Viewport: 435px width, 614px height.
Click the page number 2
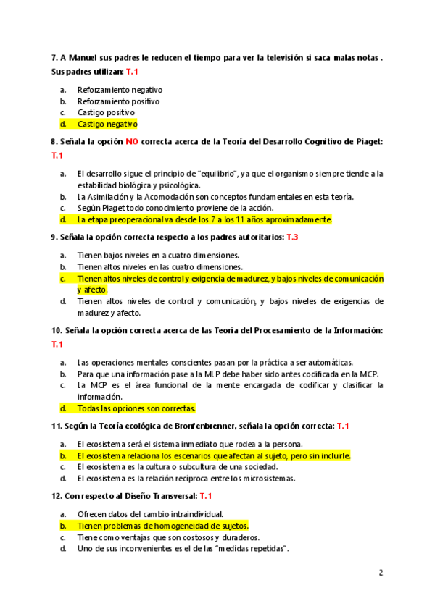point(381,573)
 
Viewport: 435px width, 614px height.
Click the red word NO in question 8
point(131,142)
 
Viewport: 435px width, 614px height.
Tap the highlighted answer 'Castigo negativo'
point(107,124)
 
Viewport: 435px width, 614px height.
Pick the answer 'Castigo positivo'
point(106,112)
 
